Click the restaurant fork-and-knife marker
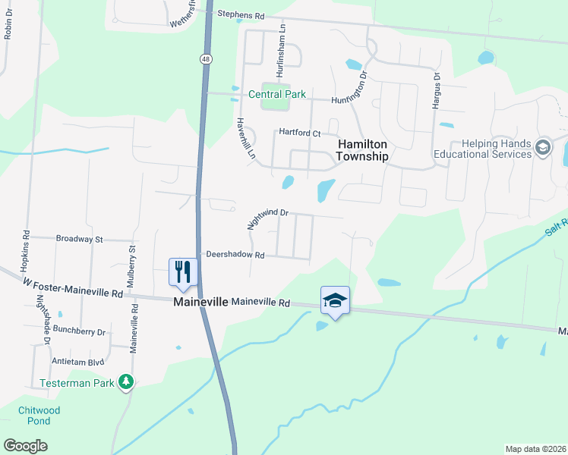[183, 271]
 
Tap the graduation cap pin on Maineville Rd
[335, 300]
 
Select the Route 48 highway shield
[207, 58]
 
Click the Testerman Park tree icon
[128, 383]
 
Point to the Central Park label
[277, 95]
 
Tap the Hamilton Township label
[362, 150]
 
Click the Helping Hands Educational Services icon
[542, 147]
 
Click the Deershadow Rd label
[233, 256]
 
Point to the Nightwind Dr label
[268, 218]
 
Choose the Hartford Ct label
[299, 133]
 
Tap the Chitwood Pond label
[34, 416]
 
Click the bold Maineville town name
[200, 302]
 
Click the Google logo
[26, 446]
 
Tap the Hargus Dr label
[437, 92]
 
